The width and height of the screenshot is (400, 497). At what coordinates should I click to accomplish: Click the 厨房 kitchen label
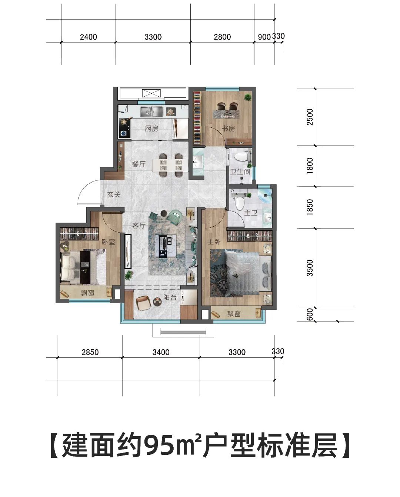click(x=151, y=129)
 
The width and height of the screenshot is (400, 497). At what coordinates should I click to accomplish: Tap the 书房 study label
click(x=228, y=129)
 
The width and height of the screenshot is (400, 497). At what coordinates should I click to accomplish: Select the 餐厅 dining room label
click(x=139, y=164)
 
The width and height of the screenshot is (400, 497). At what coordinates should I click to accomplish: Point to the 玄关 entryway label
click(x=114, y=194)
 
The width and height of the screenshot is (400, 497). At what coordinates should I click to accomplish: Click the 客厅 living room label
click(x=139, y=226)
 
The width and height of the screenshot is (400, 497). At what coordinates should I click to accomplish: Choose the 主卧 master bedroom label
click(x=214, y=241)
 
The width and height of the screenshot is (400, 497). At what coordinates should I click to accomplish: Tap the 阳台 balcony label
click(x=170, y=297)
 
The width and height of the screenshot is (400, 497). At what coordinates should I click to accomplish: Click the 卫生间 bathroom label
click(x=240, y=171)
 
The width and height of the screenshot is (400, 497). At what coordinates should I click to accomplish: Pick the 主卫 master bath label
click(x=251, y=213)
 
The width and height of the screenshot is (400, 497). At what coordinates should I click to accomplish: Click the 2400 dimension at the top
click(x=89, y=37)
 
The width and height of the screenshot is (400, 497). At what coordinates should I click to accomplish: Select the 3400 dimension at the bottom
click(x=161, y=352)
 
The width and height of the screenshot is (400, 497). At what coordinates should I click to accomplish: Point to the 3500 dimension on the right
click(x=310, y=268)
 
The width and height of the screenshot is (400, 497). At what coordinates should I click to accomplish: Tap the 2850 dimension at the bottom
click(x=90, y=352)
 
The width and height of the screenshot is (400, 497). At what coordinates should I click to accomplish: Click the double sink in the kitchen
click(x=151, y=111)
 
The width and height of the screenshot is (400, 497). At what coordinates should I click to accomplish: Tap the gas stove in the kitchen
click(x=124, y=127)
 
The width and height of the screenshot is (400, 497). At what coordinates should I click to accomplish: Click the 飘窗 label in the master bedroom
click(x=234, y=314)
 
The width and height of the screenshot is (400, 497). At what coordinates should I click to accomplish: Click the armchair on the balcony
click(x=143, y=303)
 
